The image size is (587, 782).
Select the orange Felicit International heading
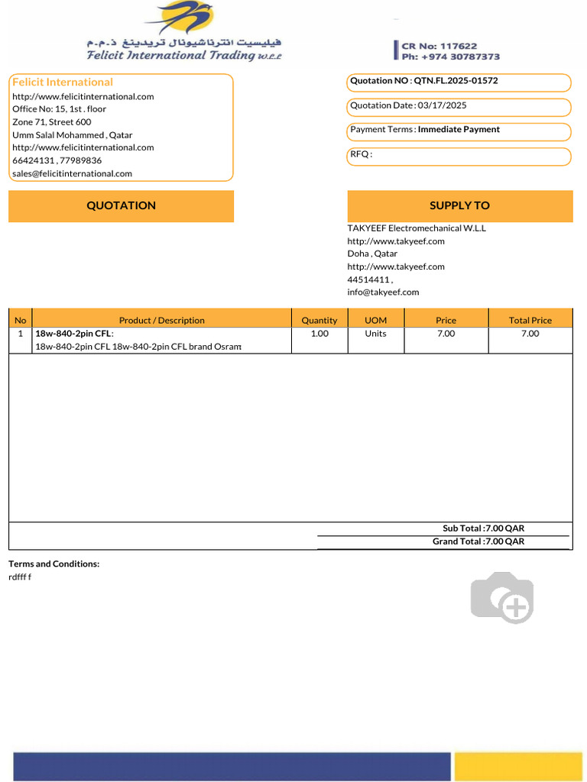point(63,82)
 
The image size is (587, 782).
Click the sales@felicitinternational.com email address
point(72,173)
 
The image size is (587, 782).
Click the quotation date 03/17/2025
point(442,105)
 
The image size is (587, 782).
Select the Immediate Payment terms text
point(459,130)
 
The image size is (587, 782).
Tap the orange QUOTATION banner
point(121,205)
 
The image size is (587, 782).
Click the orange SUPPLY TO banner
point(459,205)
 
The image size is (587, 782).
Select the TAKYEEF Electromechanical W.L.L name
point(417,228)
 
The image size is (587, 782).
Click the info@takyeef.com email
point(383,292)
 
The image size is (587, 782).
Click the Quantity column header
point(319,320)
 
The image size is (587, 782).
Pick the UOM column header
point(375,320)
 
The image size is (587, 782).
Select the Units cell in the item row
point(375,334)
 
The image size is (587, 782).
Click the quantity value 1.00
point(319,334)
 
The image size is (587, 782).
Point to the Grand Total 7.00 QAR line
point(478,541)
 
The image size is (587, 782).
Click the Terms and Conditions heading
point(54,564)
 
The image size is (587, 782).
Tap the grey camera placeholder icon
point(502,597)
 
